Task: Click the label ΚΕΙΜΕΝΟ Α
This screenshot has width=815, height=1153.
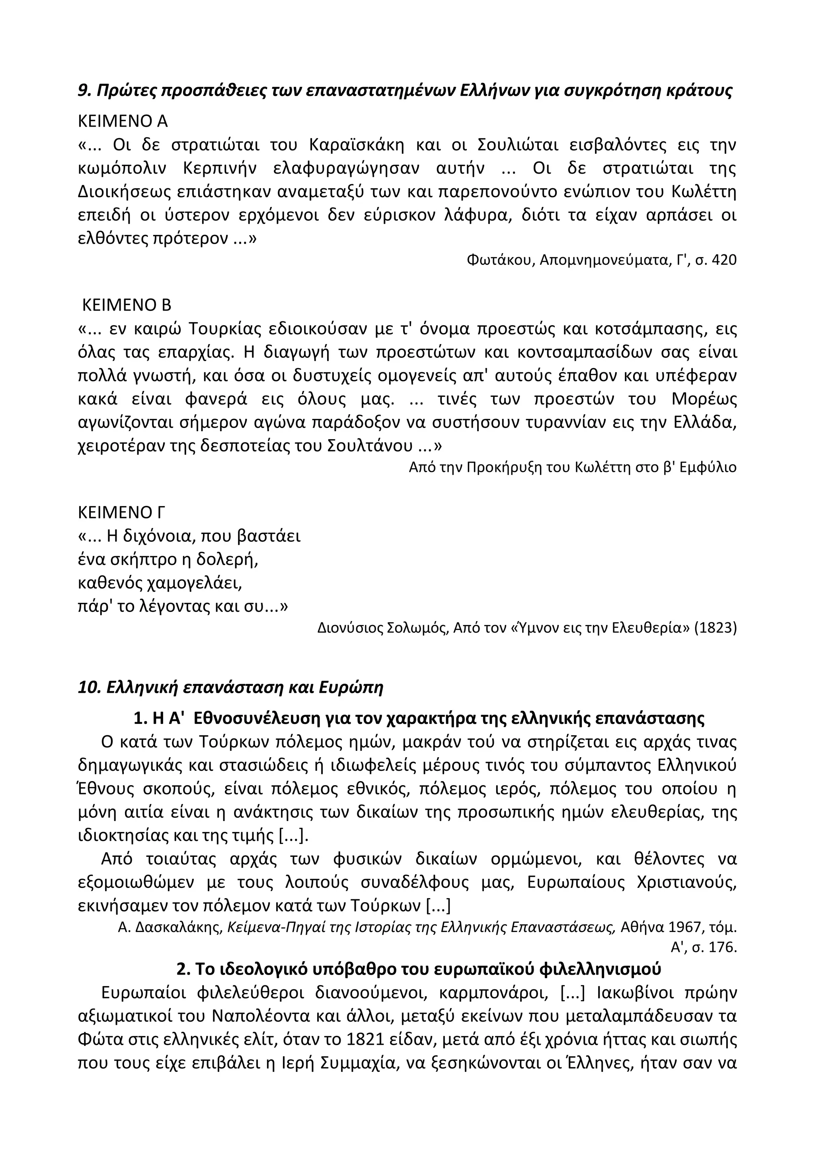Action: tap(123, 121)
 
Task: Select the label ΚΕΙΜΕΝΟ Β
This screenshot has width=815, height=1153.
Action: tap(127, 305)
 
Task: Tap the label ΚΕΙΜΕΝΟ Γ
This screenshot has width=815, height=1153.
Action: tap(122, 512)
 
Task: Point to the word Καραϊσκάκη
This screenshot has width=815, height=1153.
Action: tap(356, 145)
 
